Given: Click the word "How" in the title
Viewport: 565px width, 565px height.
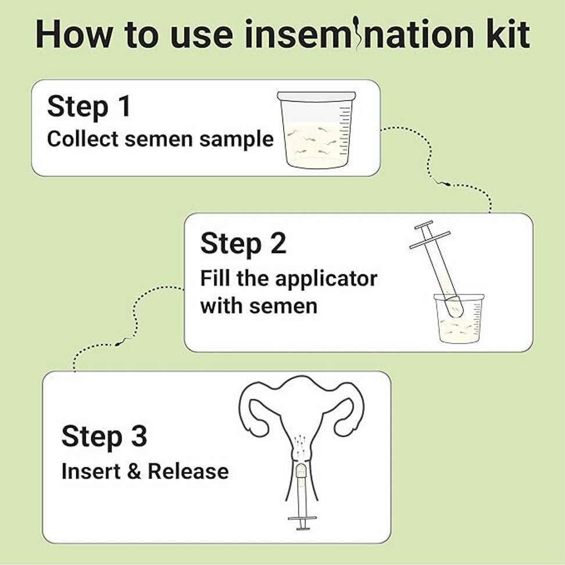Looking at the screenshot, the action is coord(74,34).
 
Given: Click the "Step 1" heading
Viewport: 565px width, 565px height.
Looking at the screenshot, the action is coord(88,106).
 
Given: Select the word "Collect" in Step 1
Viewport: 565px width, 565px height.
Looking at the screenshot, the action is coord(83,139).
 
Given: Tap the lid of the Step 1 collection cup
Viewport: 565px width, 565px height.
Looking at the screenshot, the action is coord(316,96).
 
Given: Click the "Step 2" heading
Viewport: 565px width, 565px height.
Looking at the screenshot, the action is coord(243,244).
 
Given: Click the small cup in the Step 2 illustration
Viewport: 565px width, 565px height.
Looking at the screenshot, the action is coord(459,317).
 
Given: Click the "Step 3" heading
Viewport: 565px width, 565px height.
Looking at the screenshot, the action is coord(105,437).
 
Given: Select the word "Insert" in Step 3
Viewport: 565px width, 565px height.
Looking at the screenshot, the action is coord(91,471).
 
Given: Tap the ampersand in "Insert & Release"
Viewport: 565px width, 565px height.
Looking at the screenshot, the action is coord(134,471).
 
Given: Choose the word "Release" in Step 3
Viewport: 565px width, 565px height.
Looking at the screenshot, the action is coord(188,471).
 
